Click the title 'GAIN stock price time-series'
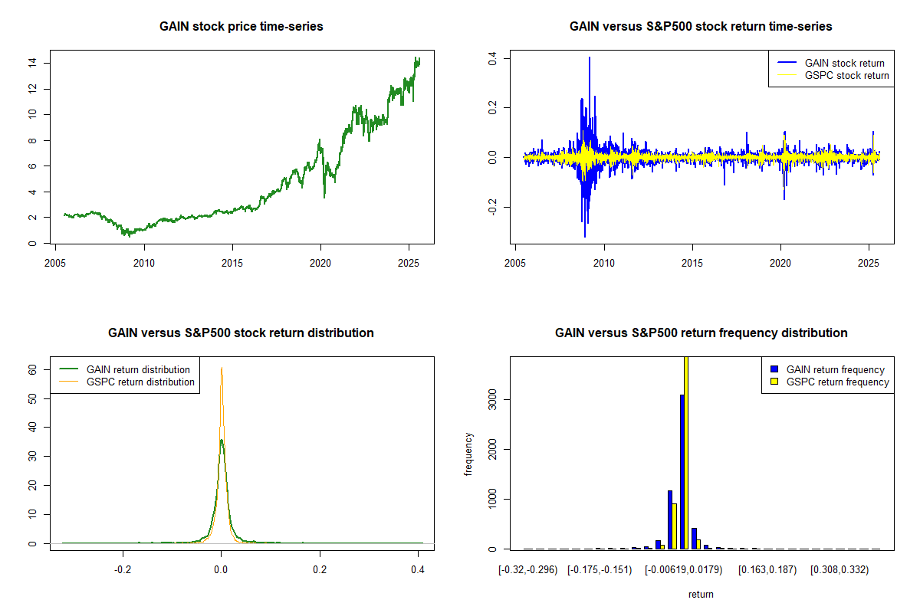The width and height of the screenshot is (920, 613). coord(241,27)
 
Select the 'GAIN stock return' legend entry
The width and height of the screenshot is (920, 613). coord(844,63)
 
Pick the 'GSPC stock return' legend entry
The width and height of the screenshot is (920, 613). coord(846,75)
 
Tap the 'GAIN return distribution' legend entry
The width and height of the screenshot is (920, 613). coord(138,369)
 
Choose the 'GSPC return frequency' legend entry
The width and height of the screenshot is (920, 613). coord(837,382)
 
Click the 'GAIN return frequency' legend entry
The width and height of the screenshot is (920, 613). coord(836,369)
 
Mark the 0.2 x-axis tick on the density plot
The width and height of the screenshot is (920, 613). coord(320,570)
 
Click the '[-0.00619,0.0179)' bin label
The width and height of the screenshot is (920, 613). coord(682,570)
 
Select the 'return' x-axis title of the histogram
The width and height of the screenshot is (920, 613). coord(701,594)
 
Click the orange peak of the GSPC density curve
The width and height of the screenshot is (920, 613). coord(222,369)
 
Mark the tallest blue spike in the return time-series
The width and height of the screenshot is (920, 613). coord(590,58)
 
